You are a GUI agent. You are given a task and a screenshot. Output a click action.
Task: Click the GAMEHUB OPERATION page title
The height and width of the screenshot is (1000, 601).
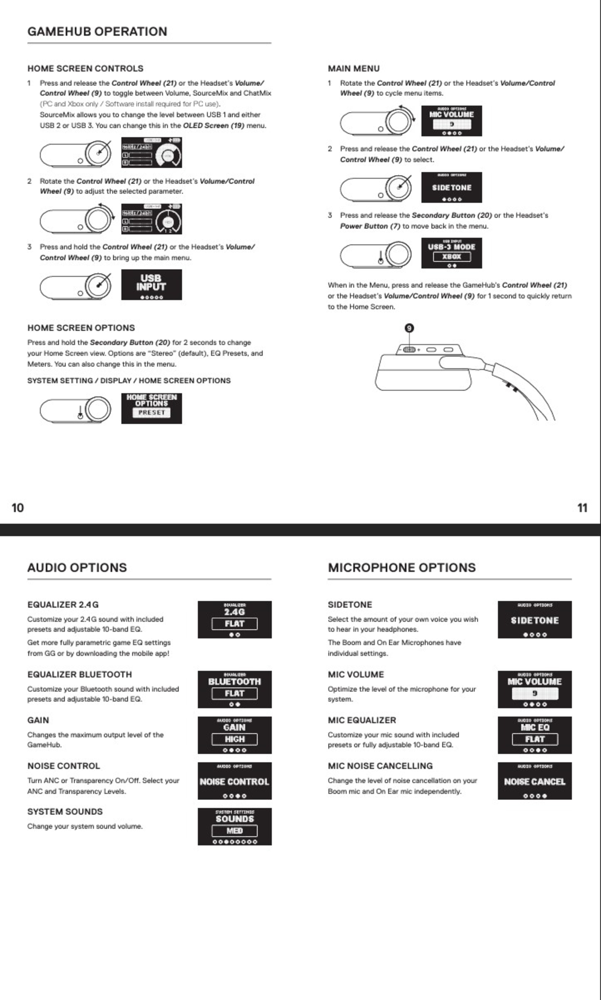[97, 32]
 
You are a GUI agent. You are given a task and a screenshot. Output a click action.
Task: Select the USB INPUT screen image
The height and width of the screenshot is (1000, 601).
[152, 285]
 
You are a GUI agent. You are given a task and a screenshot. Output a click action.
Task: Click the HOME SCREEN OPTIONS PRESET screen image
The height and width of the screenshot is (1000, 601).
[152, 408]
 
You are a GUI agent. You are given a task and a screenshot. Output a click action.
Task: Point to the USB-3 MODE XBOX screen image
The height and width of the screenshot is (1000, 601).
[452, 253]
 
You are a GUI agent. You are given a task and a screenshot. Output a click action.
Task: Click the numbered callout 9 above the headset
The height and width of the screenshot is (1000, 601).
[409, 328]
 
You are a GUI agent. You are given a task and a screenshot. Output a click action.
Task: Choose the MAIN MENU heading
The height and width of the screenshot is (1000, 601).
[354, 68]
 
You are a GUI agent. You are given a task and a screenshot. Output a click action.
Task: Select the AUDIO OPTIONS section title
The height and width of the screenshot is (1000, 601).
[77, 567]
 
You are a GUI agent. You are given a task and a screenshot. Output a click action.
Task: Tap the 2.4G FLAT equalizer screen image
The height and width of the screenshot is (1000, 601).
[234, 619]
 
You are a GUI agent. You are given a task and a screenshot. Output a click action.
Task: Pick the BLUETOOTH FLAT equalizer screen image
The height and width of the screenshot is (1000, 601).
[234, 689]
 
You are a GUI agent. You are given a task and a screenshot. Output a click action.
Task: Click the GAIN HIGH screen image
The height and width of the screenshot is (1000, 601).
[234, 735]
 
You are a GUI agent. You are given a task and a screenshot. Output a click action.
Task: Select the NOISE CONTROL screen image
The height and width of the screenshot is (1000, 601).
[234, 781]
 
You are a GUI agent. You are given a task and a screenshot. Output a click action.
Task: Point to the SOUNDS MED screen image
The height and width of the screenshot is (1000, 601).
[234, 827]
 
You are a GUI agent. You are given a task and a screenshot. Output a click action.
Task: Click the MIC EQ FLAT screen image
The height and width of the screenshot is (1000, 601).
[535, 735]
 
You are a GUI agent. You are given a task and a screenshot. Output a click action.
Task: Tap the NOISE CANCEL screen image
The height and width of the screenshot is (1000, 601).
[535, 781]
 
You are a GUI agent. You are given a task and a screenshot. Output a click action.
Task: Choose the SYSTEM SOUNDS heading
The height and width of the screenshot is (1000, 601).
[65, 812]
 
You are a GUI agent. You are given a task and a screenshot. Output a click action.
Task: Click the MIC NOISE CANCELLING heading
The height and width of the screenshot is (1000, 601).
[380, 766]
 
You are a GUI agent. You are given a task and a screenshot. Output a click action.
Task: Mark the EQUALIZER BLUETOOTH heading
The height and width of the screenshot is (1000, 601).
[79, 674]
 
